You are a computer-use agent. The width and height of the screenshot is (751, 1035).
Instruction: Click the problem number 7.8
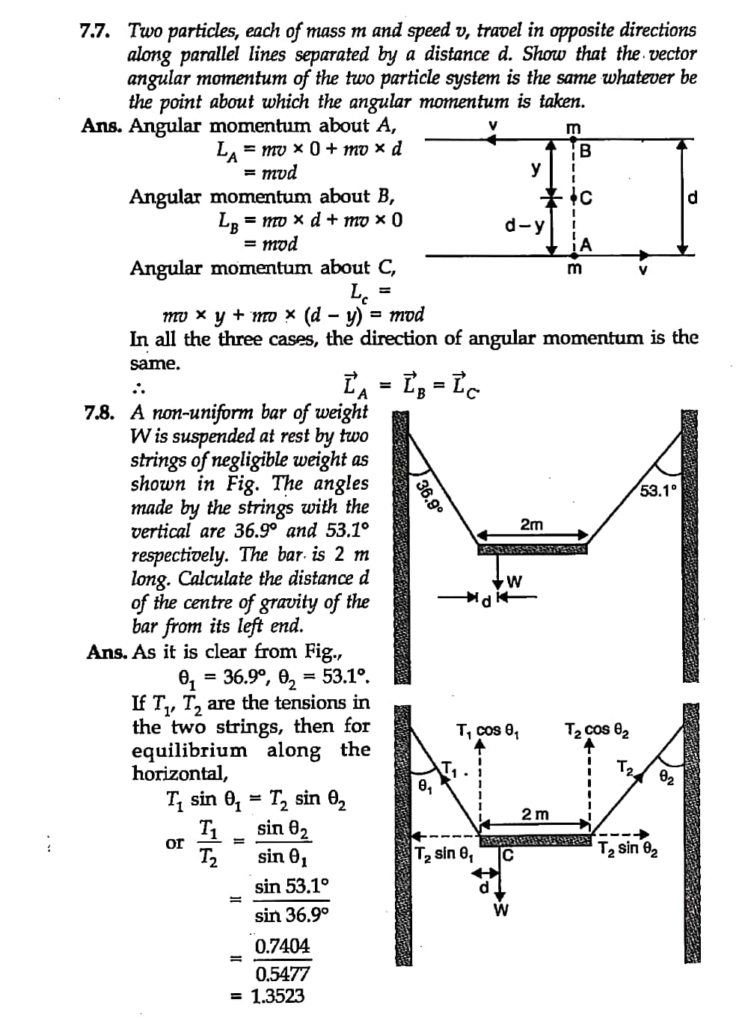(x=99, y=412)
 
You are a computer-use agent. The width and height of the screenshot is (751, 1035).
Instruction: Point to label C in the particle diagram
(x=586, y=199)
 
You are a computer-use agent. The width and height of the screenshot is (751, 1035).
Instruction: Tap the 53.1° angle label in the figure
(x=658, y=491)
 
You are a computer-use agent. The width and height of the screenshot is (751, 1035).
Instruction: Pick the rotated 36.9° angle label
(x=429, y=496)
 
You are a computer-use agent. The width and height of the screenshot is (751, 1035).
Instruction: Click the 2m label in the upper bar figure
(x=531, y=524)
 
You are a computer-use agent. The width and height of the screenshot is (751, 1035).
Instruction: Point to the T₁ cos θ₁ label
(x=488, y=730)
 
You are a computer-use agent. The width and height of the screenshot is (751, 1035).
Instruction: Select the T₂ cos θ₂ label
(x=596, y=730)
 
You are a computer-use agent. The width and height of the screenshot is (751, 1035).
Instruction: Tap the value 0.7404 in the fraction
(x=281, y=946)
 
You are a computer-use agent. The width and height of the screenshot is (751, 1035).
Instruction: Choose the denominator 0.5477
(x=281, y=974)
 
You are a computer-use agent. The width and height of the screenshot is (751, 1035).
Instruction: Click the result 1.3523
(x=278, y=996)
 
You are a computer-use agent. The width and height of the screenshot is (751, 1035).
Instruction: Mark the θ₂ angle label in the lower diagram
(x=666, y=778)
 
